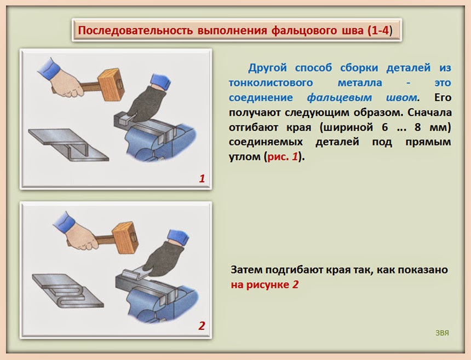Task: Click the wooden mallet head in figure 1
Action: pos(111,84)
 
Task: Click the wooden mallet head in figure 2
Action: pos(125,237)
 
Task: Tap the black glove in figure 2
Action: pos(164,259)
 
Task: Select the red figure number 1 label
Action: pos(202,178)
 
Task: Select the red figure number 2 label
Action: pos(202,326)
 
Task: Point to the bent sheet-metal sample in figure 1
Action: pos(68,144)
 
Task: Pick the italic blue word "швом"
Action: pos(401,97)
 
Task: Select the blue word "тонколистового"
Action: pos(271,83)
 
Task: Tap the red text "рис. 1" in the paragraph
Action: pos(283,156)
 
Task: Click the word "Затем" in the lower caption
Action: pos(246,270)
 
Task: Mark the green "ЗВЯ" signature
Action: pos(442,333)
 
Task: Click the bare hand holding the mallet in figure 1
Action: pos(67,83)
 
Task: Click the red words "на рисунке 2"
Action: pos(265,284)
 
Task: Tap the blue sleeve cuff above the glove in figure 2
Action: pos(178,236)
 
